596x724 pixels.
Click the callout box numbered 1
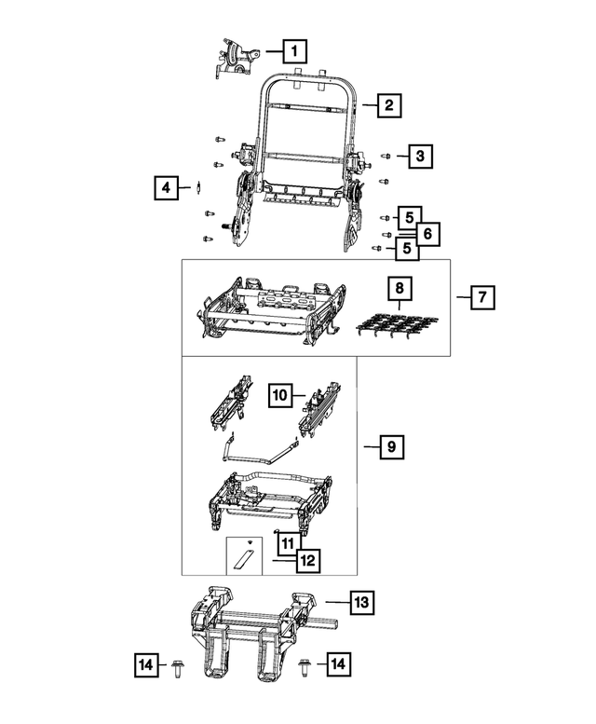pos(294,50)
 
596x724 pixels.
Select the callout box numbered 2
pos(388,105)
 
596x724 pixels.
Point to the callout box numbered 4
pos(166,188)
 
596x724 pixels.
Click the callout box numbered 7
pos(481,297)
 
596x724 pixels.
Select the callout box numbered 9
pos(392,448)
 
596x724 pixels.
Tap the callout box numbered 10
pos(280,395)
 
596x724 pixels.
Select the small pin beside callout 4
pos(199,188)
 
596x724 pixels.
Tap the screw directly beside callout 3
pos(386,157)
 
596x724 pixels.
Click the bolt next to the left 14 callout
pos(178,664)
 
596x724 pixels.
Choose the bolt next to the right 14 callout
pos(304,664)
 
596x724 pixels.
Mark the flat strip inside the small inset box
pos(244,558)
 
